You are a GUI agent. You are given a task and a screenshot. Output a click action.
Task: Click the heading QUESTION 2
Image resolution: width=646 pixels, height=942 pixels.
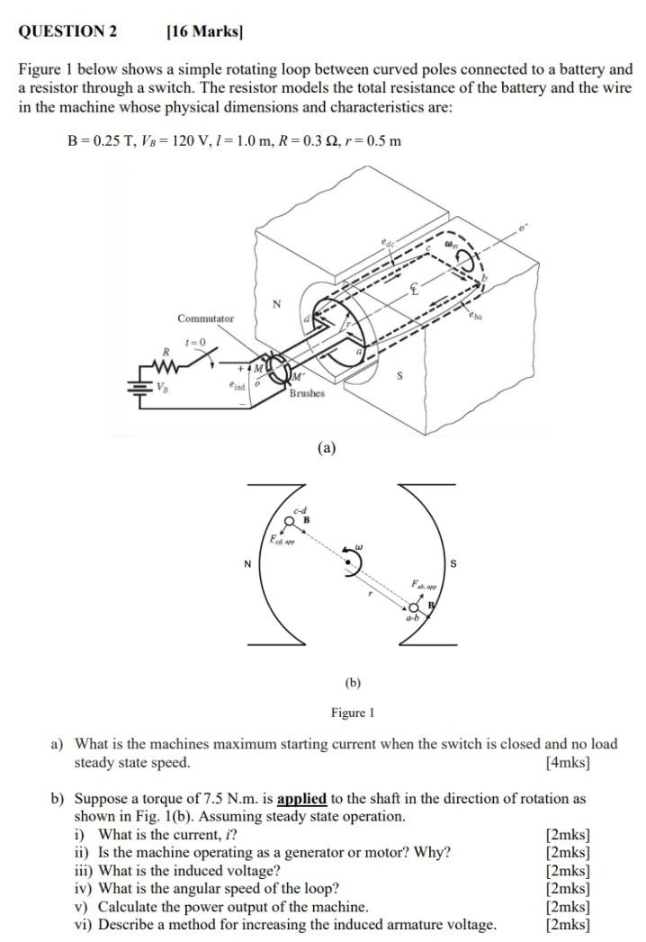coord(68,31)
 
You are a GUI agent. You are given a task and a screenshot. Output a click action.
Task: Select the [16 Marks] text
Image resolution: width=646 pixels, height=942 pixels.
coord(205,31)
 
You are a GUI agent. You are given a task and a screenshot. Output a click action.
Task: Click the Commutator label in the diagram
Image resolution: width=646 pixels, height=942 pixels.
coord(205,318)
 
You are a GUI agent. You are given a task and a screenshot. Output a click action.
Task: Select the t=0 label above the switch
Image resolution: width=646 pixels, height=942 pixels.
coord(194,342)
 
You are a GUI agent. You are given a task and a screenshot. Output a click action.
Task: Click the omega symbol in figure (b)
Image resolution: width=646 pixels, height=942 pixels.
coord(358,545)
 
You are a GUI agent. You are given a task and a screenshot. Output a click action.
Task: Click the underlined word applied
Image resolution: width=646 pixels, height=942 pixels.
coord(301,798)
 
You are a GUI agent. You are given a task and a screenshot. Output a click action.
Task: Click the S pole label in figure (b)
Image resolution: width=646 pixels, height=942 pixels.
coord(453,564)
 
